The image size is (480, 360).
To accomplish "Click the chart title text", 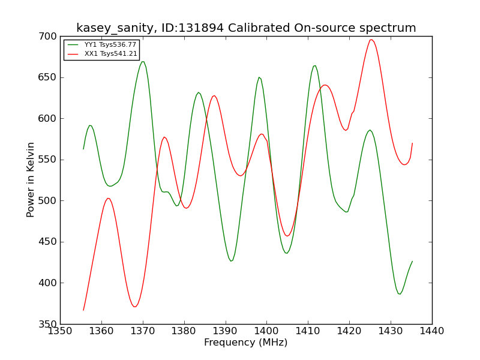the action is (246, 28).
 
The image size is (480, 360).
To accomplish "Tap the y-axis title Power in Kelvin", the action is (31, 179).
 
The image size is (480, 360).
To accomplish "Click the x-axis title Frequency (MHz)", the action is (246, 342).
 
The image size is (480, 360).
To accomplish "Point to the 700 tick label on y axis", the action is (47, 37).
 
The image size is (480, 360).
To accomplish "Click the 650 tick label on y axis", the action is (47, 77).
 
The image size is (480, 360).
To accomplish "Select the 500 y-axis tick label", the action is (47, 201).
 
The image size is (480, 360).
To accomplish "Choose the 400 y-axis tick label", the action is (47, 283).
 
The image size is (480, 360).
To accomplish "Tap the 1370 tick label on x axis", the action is (143, 331).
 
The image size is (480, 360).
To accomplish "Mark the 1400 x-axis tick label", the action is (266, 331).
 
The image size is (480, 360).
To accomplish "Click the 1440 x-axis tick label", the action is (432, 331).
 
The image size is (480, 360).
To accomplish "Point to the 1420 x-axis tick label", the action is (349, 331).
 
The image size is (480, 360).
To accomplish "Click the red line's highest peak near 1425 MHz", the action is (371, 40).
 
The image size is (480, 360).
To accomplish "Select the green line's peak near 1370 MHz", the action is (143, 62).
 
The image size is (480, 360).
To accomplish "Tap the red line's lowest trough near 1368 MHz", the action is (134, 307).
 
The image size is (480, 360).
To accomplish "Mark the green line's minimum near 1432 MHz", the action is (400, 294).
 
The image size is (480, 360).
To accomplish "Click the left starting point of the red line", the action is (83, 310).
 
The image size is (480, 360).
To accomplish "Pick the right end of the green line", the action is (412, 262).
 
